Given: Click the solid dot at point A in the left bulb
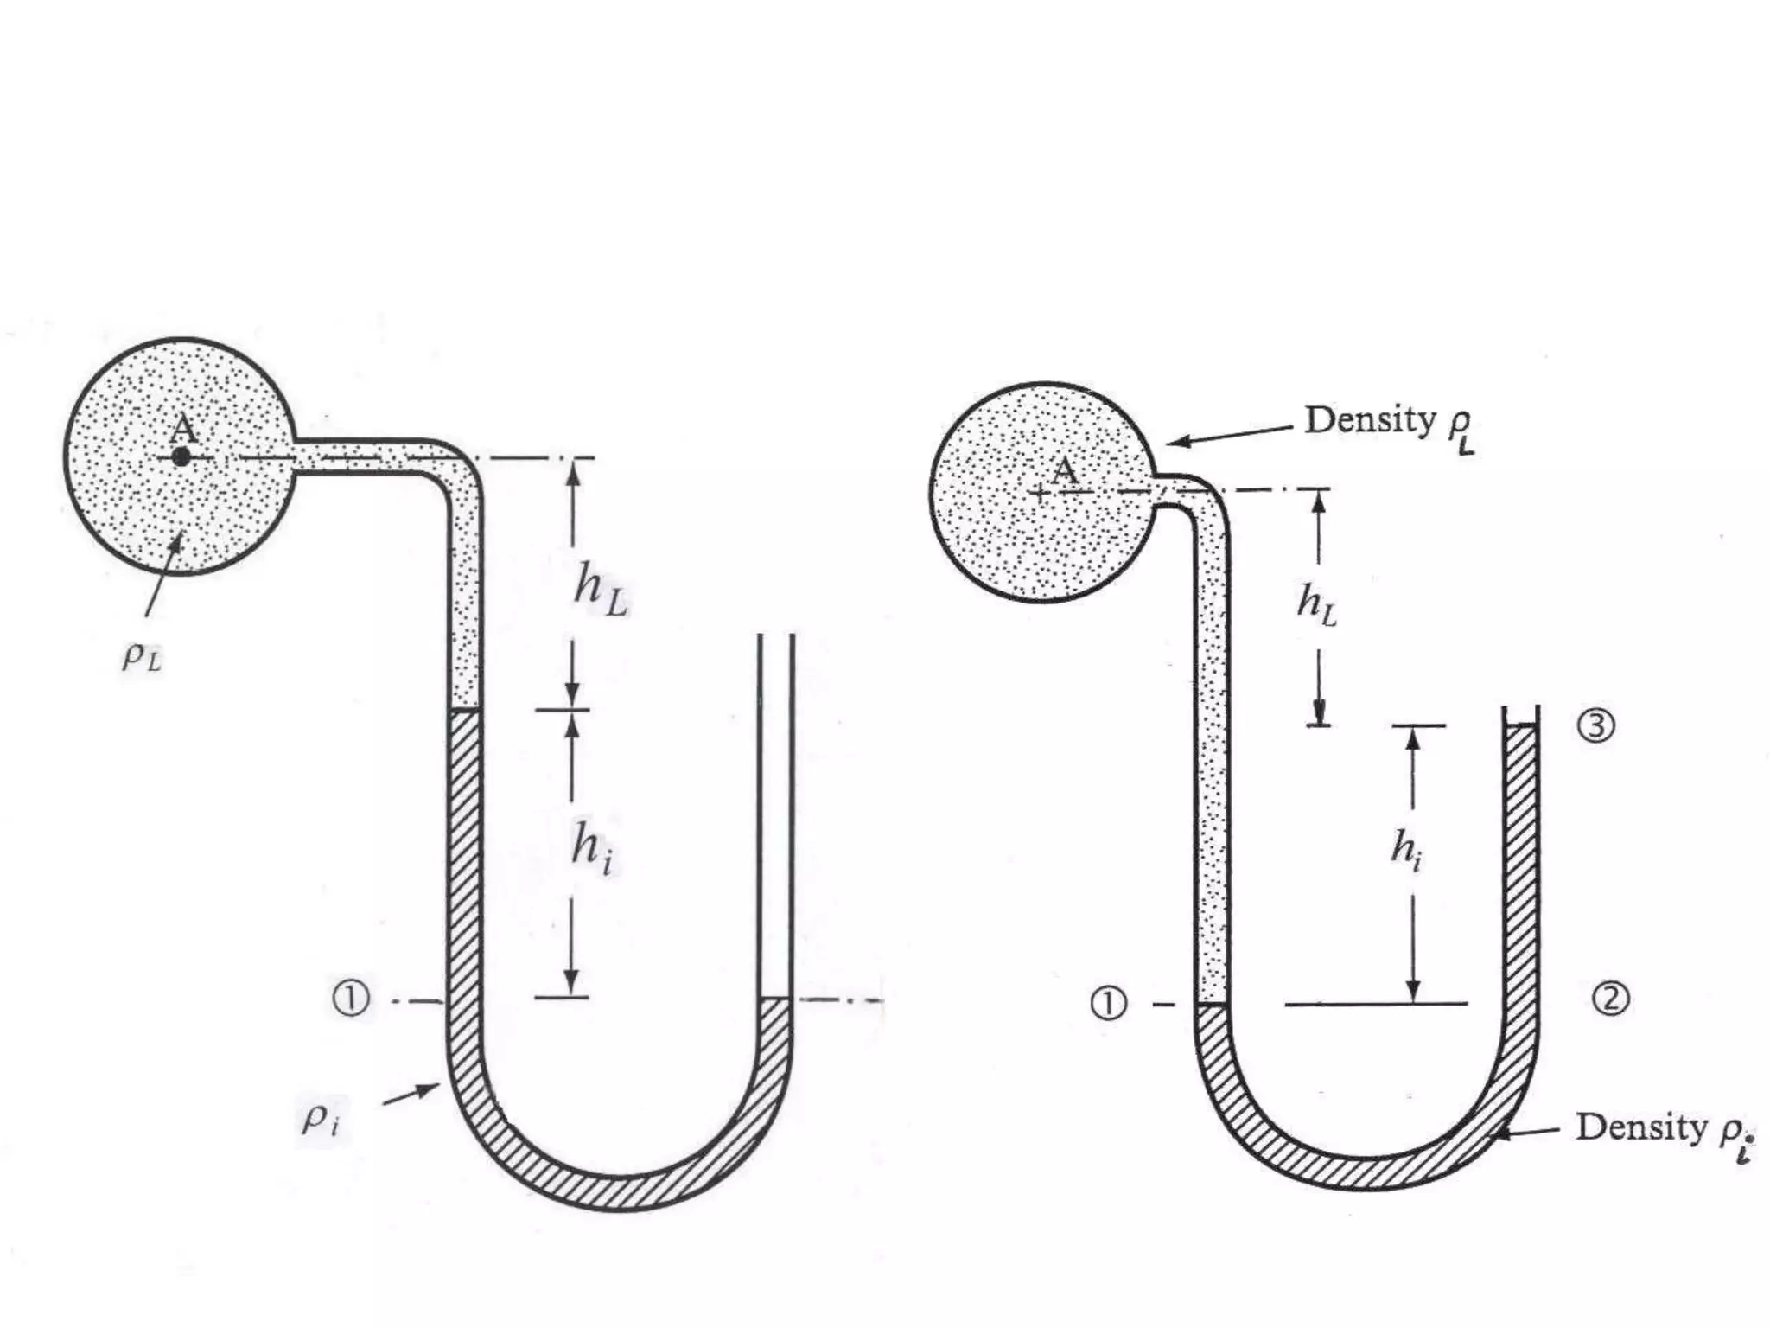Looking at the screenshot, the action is tap(181, 456).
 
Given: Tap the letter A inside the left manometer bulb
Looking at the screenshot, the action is tap(183, 428).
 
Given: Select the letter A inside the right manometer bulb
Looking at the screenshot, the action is tap(1065, 471).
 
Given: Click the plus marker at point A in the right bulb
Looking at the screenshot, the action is tap(1040, 494).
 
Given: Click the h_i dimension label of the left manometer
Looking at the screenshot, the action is tap(593, 846).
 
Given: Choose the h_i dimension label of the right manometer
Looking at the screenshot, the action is tap(1406, 848).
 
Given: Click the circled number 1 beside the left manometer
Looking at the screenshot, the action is tap(351, 999).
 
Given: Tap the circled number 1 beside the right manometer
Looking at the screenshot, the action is tap(1109, 1004).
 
